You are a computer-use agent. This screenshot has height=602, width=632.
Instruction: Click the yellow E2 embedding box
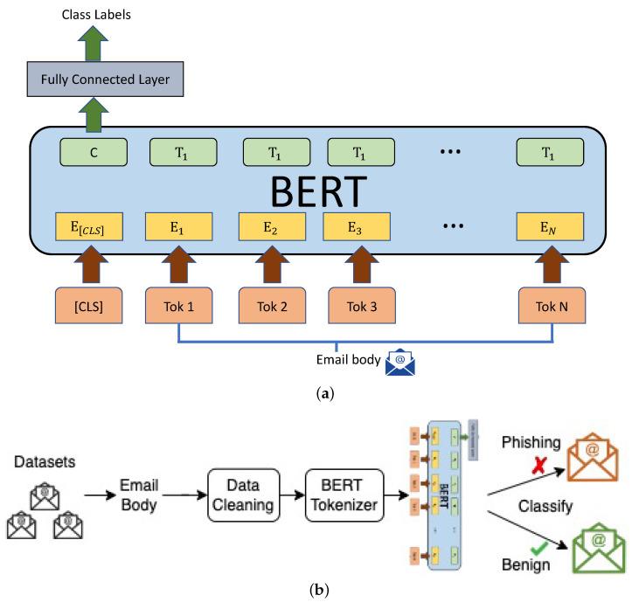click(x=272, y=228)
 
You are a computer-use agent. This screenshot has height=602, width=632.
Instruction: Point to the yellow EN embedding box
click(x=551, y=228)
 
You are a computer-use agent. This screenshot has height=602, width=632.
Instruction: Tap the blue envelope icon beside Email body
click(x=399, y=361)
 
